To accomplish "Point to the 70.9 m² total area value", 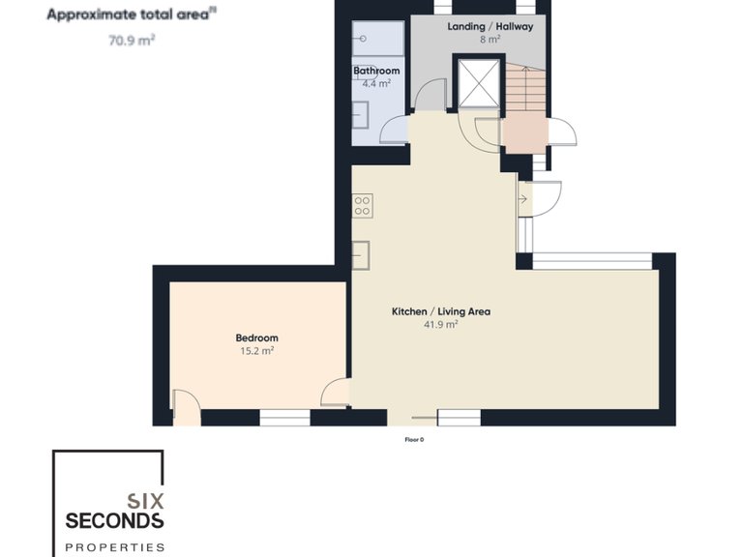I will tap(133, 41).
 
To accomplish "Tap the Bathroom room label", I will tap(376, 71).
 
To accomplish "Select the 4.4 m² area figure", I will tap(376, 84).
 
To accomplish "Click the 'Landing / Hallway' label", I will tap(490, 26).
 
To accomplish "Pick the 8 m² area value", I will tap(490, 40).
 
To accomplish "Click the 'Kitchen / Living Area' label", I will tap(440, 311).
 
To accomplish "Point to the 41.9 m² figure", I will tap(440, 325).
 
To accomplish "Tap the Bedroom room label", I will tap(256, 337).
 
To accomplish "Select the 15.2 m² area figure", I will tap(256, 351).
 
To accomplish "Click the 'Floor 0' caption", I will tap(414, 439).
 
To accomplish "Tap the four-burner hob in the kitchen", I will tap(363, 205).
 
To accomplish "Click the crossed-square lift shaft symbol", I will tap(478, 83).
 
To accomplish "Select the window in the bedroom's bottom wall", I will tap(284, 418).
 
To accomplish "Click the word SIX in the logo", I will tap(145, 500).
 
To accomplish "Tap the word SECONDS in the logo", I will tap(114, 521).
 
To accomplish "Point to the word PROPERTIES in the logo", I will tap(114, 546).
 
